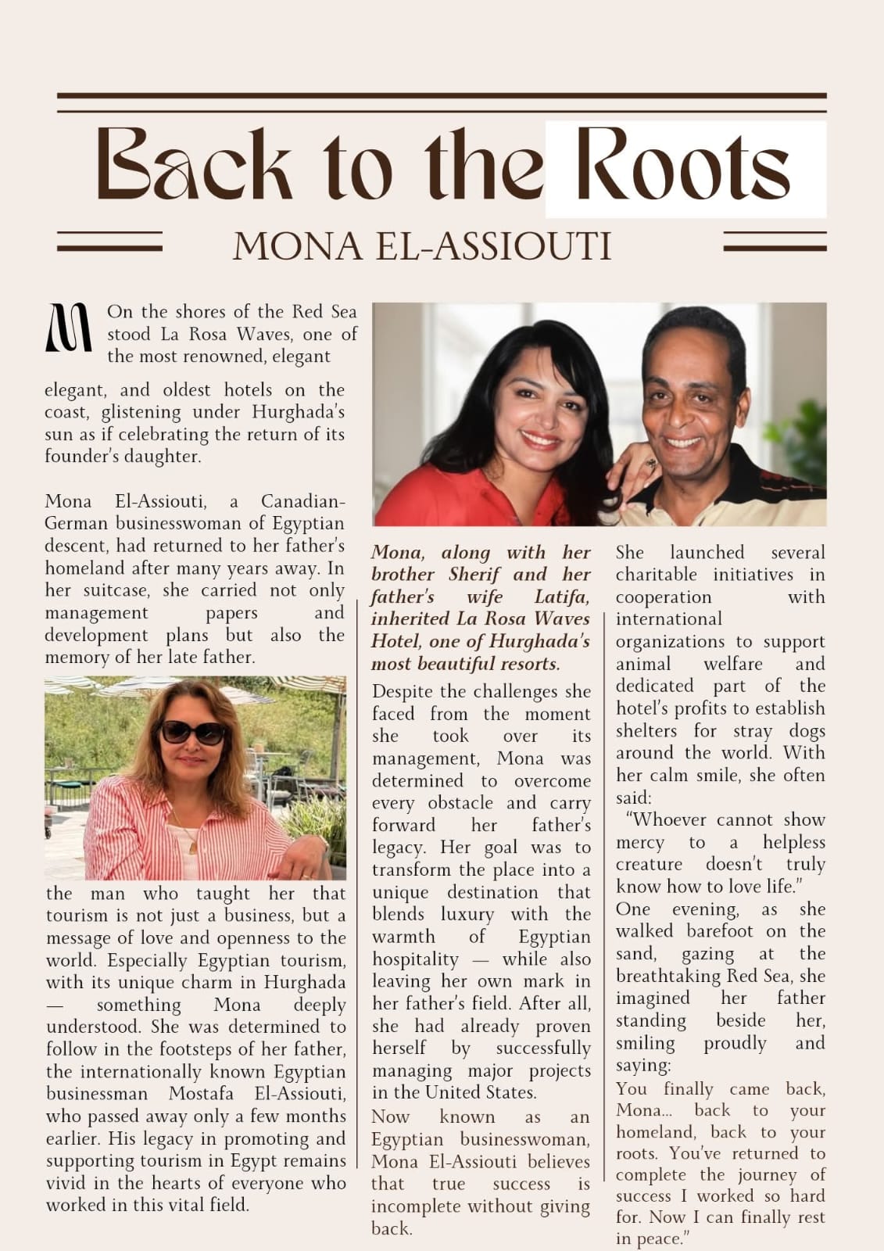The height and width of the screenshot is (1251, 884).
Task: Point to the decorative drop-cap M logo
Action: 70,327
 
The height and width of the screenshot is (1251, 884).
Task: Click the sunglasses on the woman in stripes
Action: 193,733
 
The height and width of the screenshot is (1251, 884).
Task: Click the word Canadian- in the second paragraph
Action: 302,501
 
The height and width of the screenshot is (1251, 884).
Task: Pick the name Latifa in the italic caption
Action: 562,597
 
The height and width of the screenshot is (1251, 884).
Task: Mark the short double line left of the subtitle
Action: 109,241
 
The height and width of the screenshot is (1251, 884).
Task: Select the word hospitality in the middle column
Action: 415,959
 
